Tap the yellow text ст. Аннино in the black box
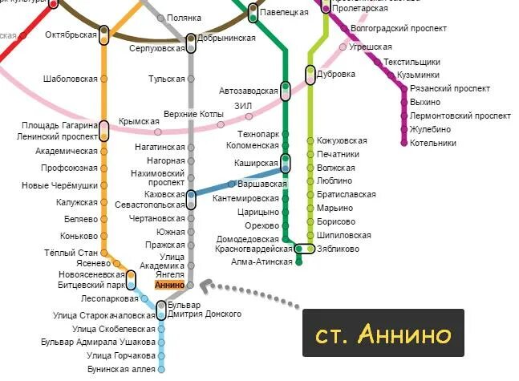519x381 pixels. click(377, 333)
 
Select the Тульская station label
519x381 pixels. click(166, 79)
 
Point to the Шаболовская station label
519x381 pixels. click(71, 79)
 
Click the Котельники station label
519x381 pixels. click(432, 144)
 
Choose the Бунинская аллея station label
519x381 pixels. click(121, 369)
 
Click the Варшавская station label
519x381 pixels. click(262, 184)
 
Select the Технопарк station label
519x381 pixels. click(258, 134)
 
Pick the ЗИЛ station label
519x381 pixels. click(243, 106)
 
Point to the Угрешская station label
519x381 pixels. click(370, 47)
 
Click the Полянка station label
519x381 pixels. click(184, 18)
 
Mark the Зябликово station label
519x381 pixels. click(339, 249)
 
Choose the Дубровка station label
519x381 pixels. click(336, 74)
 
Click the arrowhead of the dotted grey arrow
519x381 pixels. click(205, 285)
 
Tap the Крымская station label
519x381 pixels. click(139, 121)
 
